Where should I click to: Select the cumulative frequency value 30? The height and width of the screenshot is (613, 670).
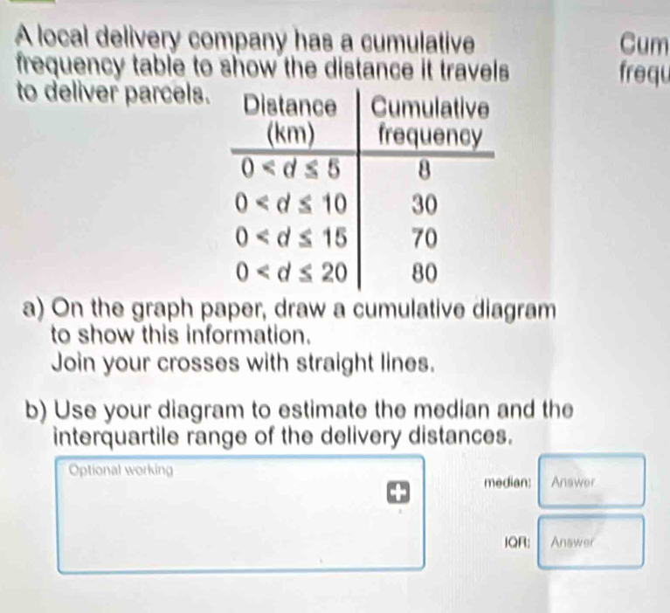pyautogui.click(x=425, y=205)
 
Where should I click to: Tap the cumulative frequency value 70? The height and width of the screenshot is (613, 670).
pyautogui.click(x=425, y=238)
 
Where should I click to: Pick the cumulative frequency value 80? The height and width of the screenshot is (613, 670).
pyautogui.click(x=425, y=273)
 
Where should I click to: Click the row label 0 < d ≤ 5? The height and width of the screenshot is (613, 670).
pyautogui.click(x=291, y=169)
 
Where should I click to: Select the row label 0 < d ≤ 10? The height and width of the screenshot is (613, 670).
pyautogui.click(x=291, y=205)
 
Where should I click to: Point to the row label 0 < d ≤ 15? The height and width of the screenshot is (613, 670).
pyautogui.click(x=291, y=238)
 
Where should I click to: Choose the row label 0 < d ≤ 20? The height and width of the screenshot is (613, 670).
pyautogui.click(x=291, y=273)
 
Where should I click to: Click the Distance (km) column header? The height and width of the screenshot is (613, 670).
pyautogui.click(x=290, y=121)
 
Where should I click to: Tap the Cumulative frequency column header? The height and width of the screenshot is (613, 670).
pyautogui.click(x=431, y=121)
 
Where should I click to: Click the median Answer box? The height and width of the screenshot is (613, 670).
pyautogui.click(x=591, y=480)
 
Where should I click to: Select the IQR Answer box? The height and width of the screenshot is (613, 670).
pyautogui.click(x=591, y=542)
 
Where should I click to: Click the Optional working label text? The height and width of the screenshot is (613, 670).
pyautogui.click(x=121, y=470)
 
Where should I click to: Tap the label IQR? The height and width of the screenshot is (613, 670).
pyautogui.click(x=517, y=542)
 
